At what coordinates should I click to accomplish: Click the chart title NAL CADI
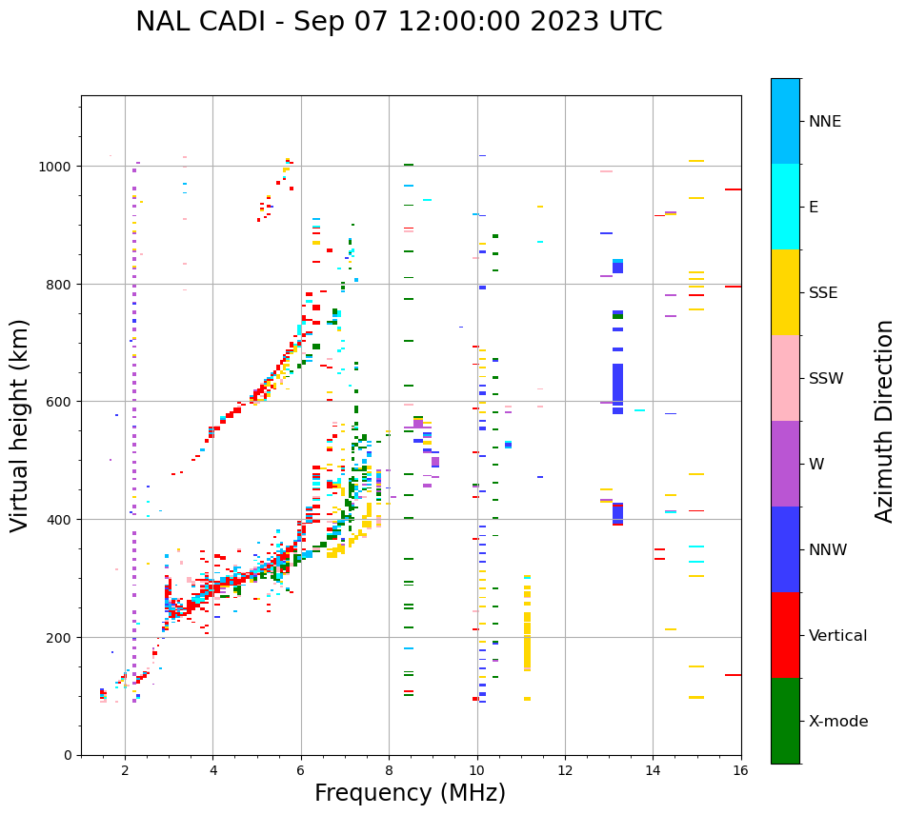pos(398,22)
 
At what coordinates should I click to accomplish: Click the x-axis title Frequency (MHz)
pos(410,793)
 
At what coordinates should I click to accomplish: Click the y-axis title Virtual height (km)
pos(20,425)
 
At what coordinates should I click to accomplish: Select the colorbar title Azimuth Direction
pos(885,421)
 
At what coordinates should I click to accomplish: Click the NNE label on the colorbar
pos(825,122)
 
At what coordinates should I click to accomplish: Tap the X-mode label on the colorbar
pos(838,722)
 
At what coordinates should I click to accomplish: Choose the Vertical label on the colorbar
pos(838,636)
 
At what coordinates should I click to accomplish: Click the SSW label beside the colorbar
pos(826,379)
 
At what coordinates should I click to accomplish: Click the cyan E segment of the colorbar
pos(785,207)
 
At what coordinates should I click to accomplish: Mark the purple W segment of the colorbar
pos(785,464)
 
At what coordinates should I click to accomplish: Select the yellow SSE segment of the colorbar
pos(785,292)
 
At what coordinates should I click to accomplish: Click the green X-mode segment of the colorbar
pos(785,721)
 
